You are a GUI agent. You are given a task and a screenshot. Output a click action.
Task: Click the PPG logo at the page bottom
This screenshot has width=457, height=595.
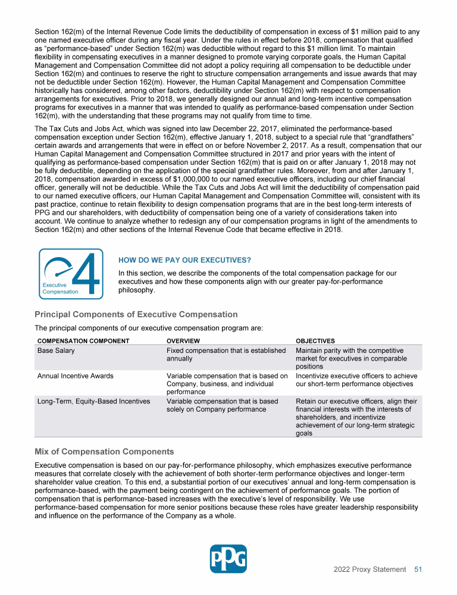click(228, 559)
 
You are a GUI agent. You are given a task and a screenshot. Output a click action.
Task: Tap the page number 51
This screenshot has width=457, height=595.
click(418, 569)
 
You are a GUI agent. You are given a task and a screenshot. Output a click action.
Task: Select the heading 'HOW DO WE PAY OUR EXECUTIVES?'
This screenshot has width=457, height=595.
click(184, 261)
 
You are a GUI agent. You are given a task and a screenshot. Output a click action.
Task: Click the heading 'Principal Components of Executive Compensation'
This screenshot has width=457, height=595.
click(136, 314)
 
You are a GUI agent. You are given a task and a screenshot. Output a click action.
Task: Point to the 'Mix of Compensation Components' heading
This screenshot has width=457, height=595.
click(104, 451)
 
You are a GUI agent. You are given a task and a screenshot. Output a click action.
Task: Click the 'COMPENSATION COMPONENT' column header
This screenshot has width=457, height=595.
click(83, 341)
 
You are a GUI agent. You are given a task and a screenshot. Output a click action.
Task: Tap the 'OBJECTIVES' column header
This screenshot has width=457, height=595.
click(315, 341)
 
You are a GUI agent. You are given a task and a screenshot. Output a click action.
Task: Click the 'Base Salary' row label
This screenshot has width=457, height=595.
click(56, 351)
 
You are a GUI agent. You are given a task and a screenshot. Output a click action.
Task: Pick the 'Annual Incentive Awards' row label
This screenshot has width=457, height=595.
click(75, 376)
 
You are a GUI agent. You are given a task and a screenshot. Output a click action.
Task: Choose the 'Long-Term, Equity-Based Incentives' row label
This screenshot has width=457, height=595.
click(93, 401)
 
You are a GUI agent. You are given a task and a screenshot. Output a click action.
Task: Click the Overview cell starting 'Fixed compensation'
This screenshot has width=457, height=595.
click(226, 355)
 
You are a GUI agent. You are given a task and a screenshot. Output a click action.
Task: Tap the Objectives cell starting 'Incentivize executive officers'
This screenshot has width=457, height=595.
click(356, 380)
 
